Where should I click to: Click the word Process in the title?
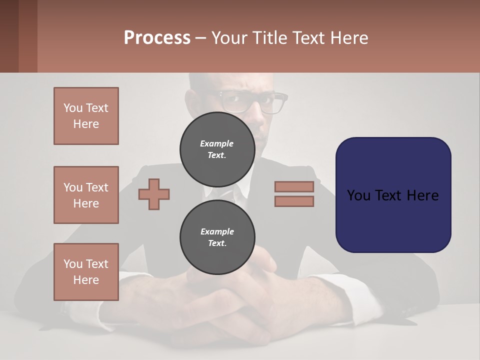(x=157, y=38)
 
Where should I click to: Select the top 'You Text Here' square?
(x=86, y=116)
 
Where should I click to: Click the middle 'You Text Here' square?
(x=86, y=195)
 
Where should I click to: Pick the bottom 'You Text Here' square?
(x=86, y=272)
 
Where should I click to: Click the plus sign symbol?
(x=154, y=194)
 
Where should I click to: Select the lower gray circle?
(x=217, y=237)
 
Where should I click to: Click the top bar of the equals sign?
(x=294, y=186)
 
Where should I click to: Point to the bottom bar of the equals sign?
(x=294, y=201)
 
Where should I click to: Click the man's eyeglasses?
(x=252, y=102)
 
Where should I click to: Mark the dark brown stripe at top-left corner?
(x=9, y=36)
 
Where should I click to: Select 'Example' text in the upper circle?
(x=217, y=143)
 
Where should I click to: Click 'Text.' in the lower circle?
(x=217, y=243)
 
